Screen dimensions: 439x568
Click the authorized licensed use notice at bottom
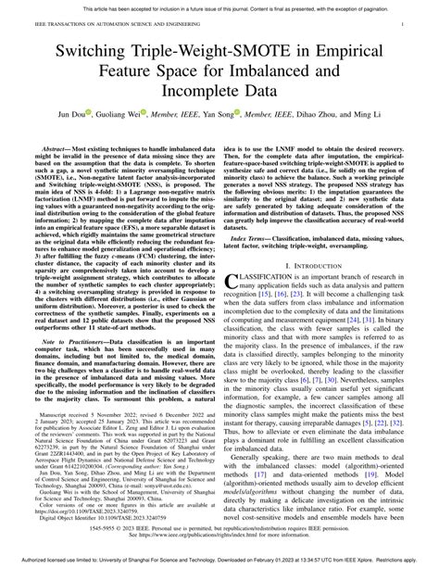(x=219, y=561)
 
